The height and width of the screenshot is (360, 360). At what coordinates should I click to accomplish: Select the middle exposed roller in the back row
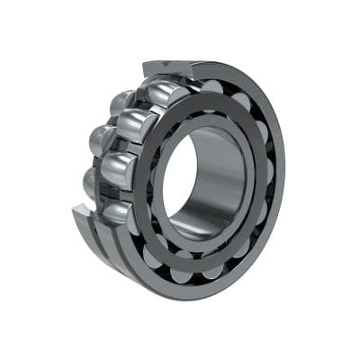pyautogui.click(x=101, y=139)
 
